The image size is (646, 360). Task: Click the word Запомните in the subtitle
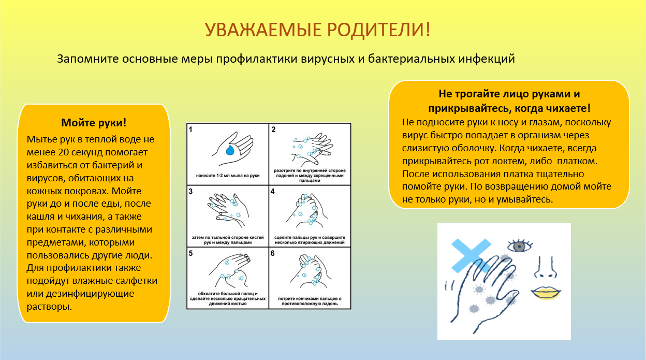[87, 59]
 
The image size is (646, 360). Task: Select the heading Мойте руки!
[94, 123]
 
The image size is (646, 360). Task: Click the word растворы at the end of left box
[49, 307]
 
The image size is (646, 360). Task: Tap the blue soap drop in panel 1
[230, 150]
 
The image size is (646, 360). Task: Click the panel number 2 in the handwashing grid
[273, 129]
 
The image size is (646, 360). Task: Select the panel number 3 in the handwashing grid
[190, 192]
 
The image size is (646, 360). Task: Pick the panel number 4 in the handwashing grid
[273, 192]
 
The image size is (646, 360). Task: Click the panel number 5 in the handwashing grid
[190, 253]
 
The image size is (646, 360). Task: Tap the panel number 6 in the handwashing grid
[273, 253]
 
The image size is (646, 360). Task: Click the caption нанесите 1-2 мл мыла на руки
[228, 176]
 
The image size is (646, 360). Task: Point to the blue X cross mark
[471, 256]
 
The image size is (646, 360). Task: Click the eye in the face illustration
[520, 246]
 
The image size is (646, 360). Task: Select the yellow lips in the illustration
[546, 293]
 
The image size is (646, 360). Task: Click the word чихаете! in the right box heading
[568, 109]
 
